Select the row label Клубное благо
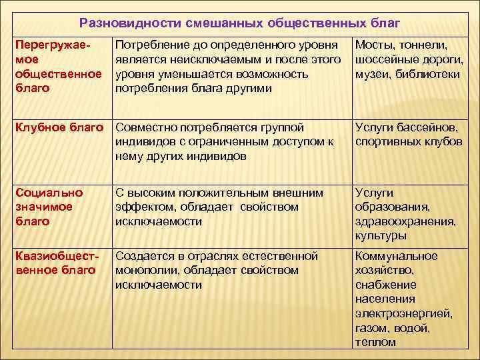[x=59, y=127]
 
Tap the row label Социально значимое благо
[x=49, y=207]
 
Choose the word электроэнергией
[x=404, y=313]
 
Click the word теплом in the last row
[x=375, y=342]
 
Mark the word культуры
[x=381, y=236]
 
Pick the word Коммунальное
[x=397, y=256]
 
